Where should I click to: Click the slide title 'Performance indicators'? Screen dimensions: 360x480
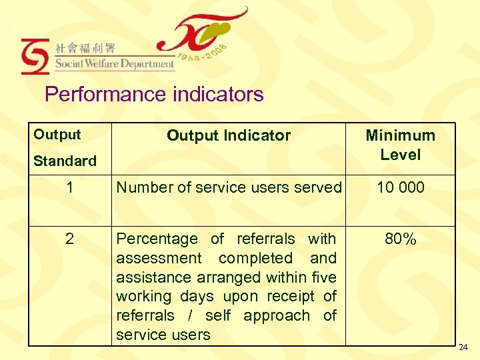(154, 95)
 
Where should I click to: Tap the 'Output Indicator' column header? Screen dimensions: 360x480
(228, 135)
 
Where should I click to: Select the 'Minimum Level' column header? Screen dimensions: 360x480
(400, 145)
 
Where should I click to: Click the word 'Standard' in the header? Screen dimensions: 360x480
(65, 161)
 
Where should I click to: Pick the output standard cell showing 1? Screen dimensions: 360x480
(70, 187)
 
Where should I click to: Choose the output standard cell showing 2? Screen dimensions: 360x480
(70, 239)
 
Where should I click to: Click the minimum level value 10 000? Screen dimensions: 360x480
(400, 187)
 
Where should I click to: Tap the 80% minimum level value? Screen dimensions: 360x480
(400, 239)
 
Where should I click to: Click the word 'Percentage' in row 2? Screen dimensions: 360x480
(157, 239)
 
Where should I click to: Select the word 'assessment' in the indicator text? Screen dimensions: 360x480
(158, 258)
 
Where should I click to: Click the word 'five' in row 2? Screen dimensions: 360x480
(323, 277)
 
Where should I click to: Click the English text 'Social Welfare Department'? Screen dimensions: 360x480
(114, 64)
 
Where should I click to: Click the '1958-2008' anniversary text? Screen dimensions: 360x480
(204, 56)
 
